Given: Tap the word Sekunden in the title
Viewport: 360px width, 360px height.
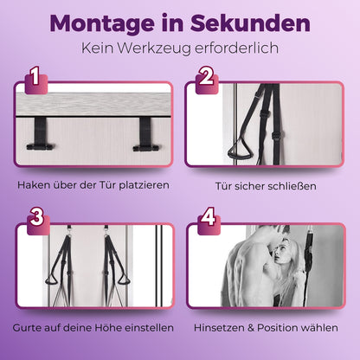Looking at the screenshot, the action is click(x=250, y=22).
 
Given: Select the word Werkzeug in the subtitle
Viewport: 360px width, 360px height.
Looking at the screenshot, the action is click(x=154, y=48).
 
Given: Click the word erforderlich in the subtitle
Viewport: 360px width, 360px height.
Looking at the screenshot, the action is click(x=236, y=48).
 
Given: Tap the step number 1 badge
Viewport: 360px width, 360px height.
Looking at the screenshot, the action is click(x=36, y=80).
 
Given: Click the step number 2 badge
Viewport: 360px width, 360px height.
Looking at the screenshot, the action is click(x=207, y=80).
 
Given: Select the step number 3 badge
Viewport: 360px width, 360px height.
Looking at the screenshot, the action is click(x=38, y=221).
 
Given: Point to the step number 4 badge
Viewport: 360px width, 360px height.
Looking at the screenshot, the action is click(x=209, y=221).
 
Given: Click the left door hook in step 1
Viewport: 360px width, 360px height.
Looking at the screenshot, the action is click(x=40, y=133).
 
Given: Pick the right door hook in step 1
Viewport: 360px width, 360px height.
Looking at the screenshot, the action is click(x=146, y=134).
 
